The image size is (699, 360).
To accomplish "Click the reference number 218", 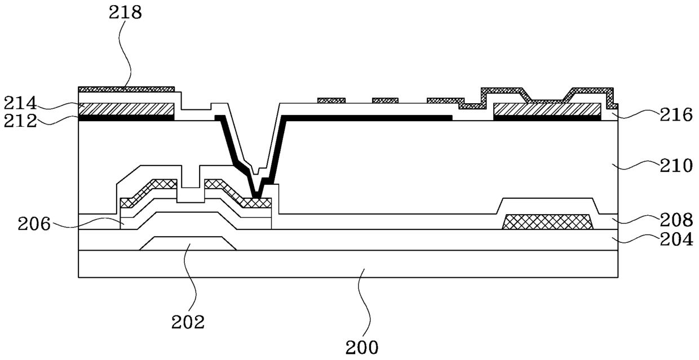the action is point(125,13).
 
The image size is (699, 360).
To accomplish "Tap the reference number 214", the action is point(20,103).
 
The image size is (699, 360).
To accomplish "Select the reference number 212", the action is point(20,121).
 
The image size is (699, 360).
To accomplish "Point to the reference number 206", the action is point(34,224).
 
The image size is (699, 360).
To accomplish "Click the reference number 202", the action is point(188,322).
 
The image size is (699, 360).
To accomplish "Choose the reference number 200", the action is point(362,348).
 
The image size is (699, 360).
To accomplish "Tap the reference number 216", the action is point(676,115).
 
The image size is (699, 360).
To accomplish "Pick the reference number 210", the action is point(676,166).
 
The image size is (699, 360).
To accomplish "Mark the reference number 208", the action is point(676,220).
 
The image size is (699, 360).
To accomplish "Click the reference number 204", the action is point(676,240).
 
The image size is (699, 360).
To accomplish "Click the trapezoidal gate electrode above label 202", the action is point(188,243).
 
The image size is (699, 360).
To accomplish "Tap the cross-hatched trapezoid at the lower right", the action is point(548,222).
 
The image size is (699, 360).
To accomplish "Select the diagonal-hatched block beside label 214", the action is point(126,109).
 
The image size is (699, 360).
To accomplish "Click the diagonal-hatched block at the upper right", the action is point(547,109).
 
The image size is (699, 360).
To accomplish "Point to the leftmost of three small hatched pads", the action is point(331,100).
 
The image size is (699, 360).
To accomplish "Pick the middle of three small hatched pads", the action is point(385,100).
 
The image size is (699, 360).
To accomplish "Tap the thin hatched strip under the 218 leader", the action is point(126,89).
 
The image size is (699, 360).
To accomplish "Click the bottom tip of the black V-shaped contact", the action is point(256,198).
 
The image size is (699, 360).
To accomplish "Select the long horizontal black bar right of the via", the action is point(366,118).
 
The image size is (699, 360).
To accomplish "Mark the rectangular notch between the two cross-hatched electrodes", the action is point(191,195).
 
